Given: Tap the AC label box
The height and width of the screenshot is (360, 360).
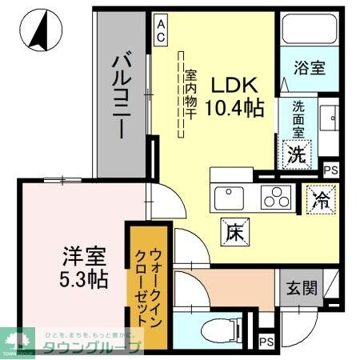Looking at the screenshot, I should tap(161, 30).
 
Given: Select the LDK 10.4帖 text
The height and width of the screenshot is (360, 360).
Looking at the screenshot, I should tap(237, 96).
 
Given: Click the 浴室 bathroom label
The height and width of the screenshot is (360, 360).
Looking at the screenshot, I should tap(309, 68).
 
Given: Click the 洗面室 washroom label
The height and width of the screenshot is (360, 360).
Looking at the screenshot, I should tap(297, 118).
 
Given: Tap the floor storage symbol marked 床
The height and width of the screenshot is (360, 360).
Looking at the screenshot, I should tap(234, 232).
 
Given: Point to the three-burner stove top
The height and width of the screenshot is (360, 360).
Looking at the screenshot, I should tap(276, 196).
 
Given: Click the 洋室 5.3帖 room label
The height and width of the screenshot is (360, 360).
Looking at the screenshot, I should tap(85, 268).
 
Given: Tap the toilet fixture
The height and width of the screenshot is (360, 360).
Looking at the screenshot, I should tap(210, 329).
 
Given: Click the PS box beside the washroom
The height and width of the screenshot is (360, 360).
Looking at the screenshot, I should tap(330, 170).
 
